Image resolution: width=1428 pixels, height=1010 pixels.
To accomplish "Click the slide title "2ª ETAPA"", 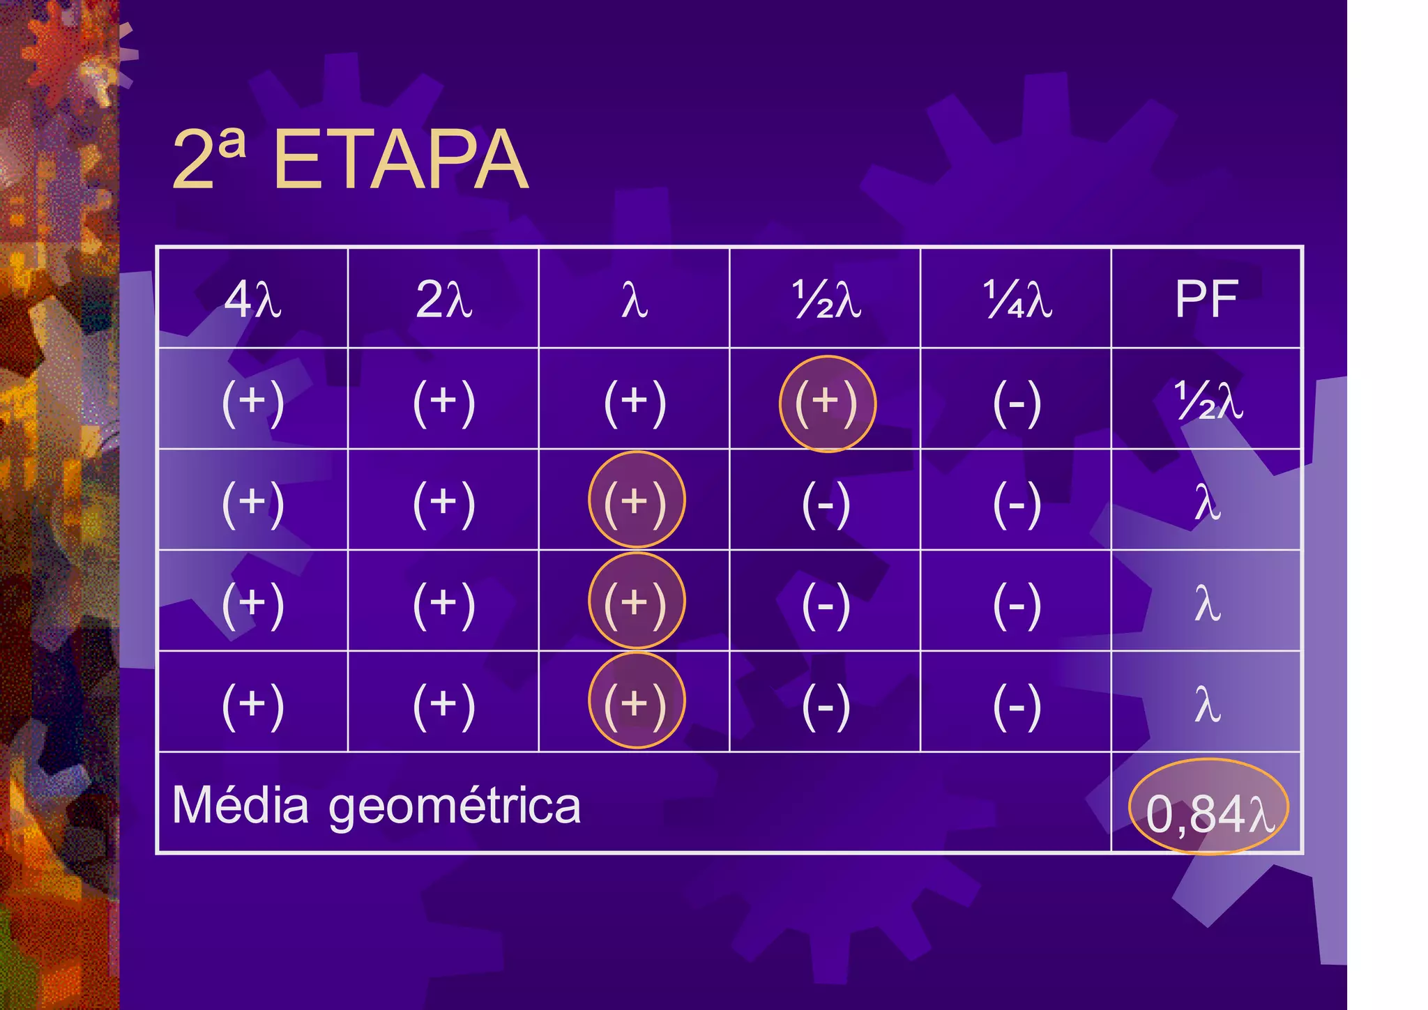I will (350, 160).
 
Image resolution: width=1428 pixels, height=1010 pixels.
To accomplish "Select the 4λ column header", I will (252, 300).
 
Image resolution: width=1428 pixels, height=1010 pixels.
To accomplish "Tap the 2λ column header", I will (443, 300).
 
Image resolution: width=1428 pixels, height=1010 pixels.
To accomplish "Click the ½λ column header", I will (826, 300).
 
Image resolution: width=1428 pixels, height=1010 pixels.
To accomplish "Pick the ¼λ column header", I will (1017, 300).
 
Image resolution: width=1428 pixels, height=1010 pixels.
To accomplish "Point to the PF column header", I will (1206, 300).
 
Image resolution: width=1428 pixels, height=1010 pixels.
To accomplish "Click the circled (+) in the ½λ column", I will (826, 402).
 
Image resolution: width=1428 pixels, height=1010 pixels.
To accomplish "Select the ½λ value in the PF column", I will (1208, 402).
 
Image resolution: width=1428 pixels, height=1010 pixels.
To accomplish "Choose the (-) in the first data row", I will (1017, 402).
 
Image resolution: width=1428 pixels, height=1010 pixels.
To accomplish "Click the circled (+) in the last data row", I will (636, 703).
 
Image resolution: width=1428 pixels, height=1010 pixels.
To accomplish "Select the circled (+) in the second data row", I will (636, 501).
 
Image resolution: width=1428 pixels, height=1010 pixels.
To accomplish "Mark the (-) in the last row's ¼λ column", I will (1017, 704).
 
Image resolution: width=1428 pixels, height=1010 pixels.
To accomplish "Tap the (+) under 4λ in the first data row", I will (252, 402).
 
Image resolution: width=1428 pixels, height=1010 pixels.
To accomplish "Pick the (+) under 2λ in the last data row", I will (443, 704).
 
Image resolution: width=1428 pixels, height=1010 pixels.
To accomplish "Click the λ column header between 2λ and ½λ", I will (635, 300).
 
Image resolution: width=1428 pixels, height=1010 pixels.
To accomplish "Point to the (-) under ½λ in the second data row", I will (826, 503).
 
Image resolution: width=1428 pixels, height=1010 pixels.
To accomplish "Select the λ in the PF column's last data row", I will (1208, 704).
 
